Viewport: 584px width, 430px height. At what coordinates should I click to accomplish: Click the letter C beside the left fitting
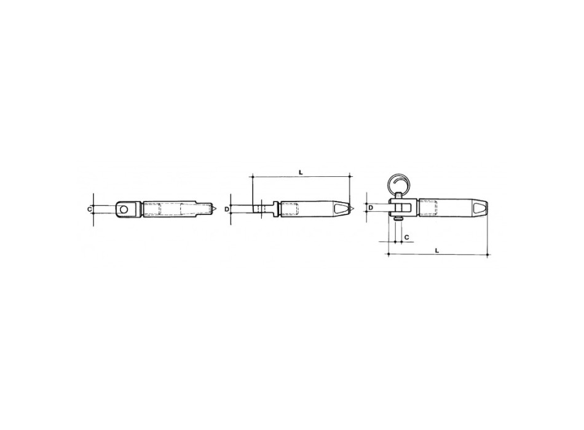tap(90, 209)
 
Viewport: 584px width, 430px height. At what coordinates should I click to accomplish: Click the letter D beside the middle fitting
tap(227, 209)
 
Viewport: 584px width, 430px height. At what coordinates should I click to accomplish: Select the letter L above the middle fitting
tap(301, 173)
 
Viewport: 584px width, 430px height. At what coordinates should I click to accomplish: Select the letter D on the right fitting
tap(371, 208)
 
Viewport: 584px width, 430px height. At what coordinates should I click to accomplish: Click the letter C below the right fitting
tap(407, 235)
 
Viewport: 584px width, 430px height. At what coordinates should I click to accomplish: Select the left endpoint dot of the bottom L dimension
tap(391, 253)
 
